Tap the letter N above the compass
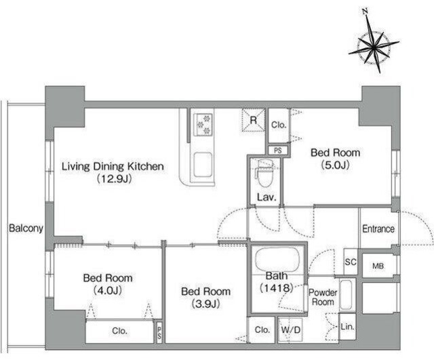pyautogui.click(x=366, y=12)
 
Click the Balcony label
pyautogui.click(x=26, y=228)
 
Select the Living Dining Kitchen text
pyautogui.click(x=113, y=166)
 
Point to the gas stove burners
pyautogui.click(x=204, y=125)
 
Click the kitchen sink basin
pyautogui.click(x=203, y=165)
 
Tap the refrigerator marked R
pyautogui.click(x=253, y=120)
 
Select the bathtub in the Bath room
pyautogui.click(x=277, y=260)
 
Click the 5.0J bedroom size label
pyautogui.click(x=335, y=165)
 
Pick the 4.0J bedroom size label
pyautogui.click(x=108, y=291)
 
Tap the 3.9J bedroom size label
pyautogui.click(x=205, y=304)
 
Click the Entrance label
pyautogui.click(x=378, y=229)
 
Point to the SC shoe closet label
pyautogui.click(x=351, y=262)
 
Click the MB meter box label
pyautogui.click(x=378, y=266)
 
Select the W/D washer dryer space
pyautogui.click(x=291, y=330)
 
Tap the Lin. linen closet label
pyautogui.click(x=348, y=327)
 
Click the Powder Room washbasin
pyautogui.click(x=345, y=295)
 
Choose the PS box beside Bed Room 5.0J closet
pyautogui.click(x=278, y=151)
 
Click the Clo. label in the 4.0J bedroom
pyautogui.click(x=119, y=331)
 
